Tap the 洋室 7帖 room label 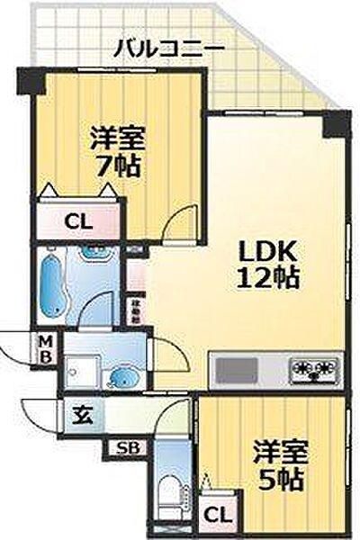pyautogui.click(x=117, y=154)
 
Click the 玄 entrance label pyautogui.click(x=82, y=415)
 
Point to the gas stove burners pyautogui.click(x=312, y=369)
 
